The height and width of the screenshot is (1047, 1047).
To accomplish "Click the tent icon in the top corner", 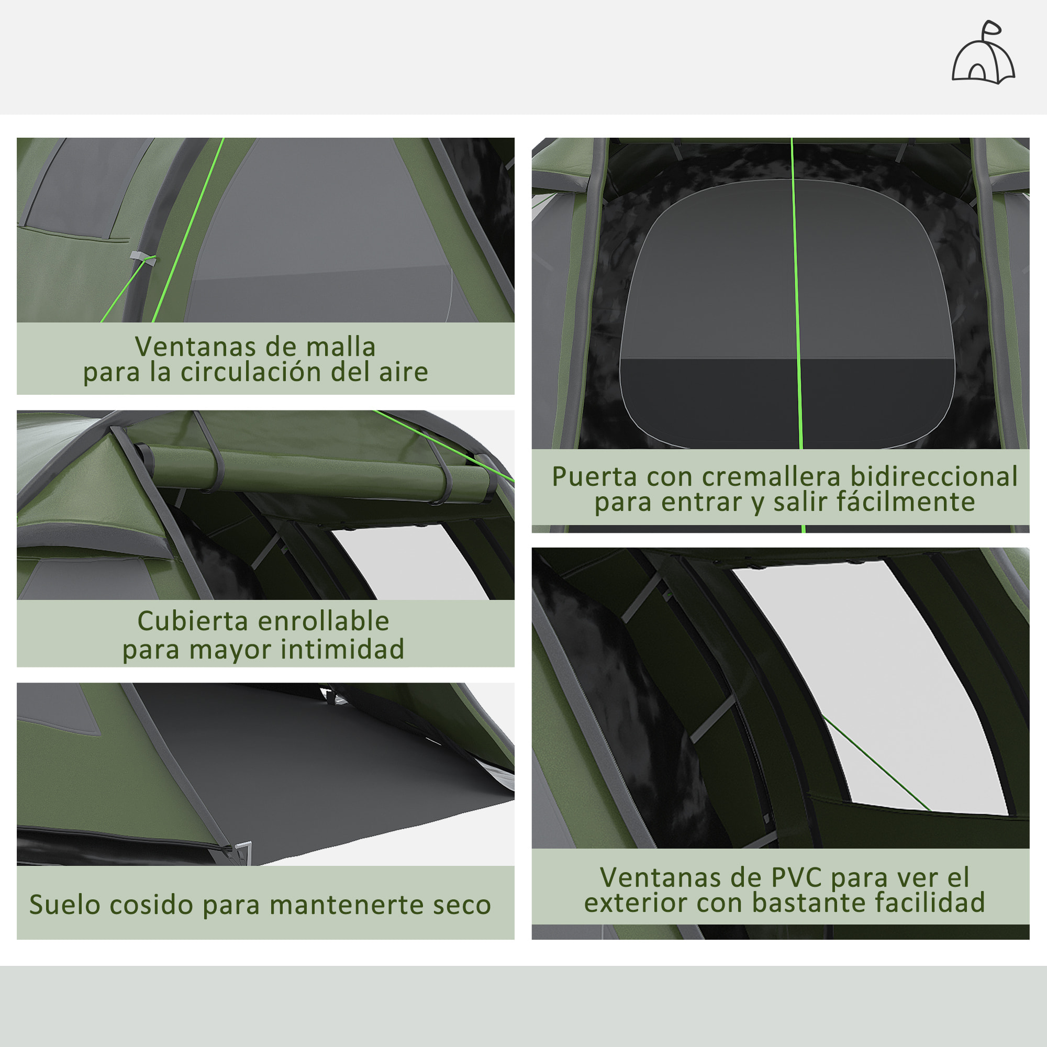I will [x=983, y=54].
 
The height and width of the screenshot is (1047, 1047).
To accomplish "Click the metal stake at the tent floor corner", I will [x=243, y=849].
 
